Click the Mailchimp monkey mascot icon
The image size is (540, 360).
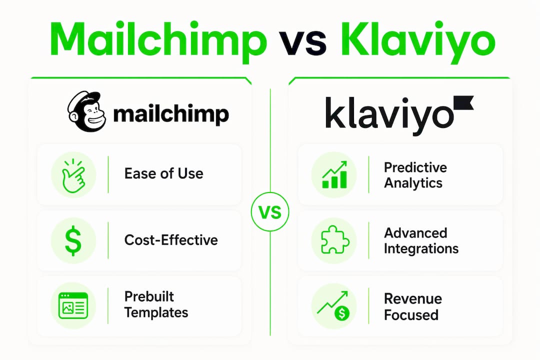pos(86,111)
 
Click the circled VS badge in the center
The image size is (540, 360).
pos(270,211)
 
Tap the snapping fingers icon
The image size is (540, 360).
pos(73,175)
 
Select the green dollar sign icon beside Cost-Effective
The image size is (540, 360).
pos(73,241)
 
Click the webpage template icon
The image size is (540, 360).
pos(73,305)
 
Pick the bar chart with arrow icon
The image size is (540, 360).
pos(334,174)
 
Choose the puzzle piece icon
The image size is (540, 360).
pos(334,240)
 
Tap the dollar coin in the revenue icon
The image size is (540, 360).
pos(342,313)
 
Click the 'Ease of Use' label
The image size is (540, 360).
pos(163,173)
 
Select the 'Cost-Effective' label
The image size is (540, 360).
pos(171,240)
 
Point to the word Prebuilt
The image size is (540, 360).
pos(149,296)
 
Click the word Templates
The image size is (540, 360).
pos(156,313)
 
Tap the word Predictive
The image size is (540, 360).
pos(415,167)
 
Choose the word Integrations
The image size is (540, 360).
pos(421,248)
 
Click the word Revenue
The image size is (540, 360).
pos(413,298)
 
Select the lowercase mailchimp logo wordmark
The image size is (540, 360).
pos(171,114)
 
